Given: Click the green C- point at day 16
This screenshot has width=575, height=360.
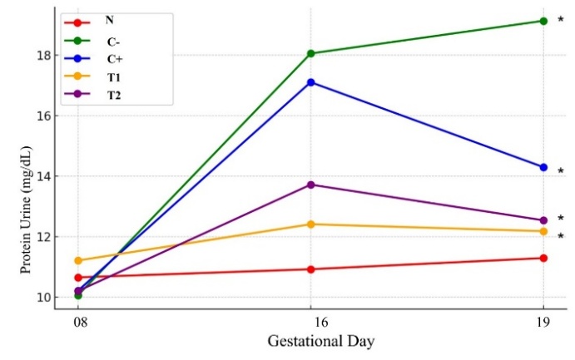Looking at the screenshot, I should (311, 53).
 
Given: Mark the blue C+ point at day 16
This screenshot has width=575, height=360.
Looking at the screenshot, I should (311, 82).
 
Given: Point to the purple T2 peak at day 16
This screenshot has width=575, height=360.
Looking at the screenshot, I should (311, 185).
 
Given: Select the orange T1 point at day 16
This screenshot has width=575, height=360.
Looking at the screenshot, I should (311, 224).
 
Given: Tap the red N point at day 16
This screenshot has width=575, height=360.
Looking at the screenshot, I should (311, 269).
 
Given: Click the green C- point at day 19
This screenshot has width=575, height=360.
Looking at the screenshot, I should (543, 21).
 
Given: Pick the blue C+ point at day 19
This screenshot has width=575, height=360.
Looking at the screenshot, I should (543, 167).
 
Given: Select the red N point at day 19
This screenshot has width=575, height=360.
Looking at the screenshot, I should (543, 258).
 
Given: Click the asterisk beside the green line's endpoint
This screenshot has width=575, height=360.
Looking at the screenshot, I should (560, 20).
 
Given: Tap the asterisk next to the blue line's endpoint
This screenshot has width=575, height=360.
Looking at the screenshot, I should (560, 171).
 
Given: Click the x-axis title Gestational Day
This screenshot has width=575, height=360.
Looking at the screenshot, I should (310, 342).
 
